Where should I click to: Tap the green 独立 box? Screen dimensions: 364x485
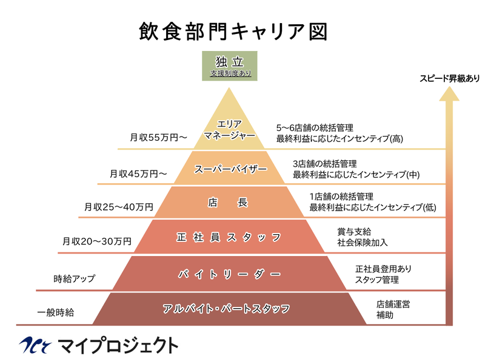(x=230, y=66)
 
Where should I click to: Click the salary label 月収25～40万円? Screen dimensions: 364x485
(x=119, y=207)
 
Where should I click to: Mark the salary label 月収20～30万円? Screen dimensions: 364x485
(x=97, y=241)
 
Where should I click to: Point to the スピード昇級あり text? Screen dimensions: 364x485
(x=449, y=78)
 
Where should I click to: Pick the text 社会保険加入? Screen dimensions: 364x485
(x=362, y=243)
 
